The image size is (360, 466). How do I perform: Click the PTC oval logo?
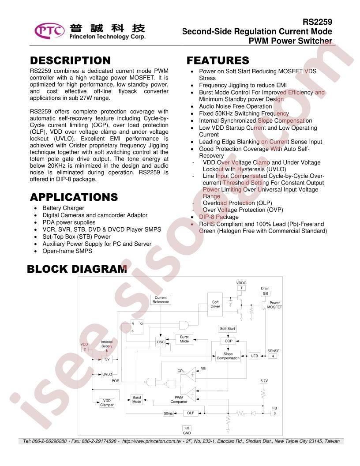(x=49, y=30)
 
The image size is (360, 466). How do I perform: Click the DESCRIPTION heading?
(x=71, y=60)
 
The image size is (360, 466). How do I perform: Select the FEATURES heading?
(x=218, y=60)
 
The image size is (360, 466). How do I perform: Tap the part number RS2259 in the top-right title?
(x=317, y=22)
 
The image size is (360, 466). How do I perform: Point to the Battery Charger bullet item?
(x=63, y=208)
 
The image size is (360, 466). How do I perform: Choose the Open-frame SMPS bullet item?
(x=67, y=251)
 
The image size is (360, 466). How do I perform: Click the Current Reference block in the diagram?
(x=161, y=300)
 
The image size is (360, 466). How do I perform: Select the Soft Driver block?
(x=215, y=304)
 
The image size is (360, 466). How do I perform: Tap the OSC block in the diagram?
(x=161, y=342)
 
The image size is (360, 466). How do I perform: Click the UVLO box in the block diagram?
(x=107, y=374)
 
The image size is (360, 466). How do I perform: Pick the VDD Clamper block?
(x=107, y=403)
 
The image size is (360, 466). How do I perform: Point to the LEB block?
(x=255, y=356)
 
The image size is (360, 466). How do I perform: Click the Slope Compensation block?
(x=228, y=356)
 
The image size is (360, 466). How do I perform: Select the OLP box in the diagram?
(x=191, y=413)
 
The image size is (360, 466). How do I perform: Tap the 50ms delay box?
(x=168, y=413)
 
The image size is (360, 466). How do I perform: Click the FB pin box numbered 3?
(x=274, y=413)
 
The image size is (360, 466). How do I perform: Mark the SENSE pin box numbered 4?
(x=273, y=356)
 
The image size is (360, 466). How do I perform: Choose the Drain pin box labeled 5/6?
(x=265, y=293)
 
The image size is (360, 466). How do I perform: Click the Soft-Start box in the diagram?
(x=228, y=329)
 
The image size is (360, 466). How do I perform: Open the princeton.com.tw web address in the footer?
(x=151, y=441)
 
